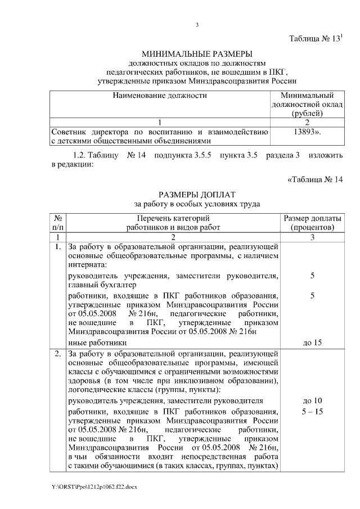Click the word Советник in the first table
pyautogui.click(x=67, y=132)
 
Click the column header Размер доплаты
pyautogui.click(x=312, y=218)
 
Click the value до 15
pyautogui.click(x=312, y=342)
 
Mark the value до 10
pyautogui.click(x=312, y=400)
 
